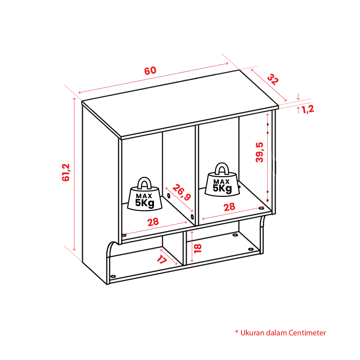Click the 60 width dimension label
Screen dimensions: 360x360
[151, 71]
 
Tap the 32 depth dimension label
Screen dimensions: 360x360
[273, 80]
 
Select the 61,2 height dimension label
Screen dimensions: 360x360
[66, 173]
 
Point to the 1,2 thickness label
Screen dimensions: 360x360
[308, 109]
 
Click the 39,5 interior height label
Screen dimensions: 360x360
[260, 153]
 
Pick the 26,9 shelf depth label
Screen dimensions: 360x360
[181, 192]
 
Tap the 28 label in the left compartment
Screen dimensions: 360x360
[153, 222]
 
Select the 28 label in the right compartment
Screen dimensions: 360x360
[229, 207]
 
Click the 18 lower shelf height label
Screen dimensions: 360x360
[198, 248]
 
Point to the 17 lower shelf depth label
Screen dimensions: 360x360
[162, 259]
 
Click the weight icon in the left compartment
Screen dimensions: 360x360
[145, 194]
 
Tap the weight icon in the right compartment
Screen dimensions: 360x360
[222, 180]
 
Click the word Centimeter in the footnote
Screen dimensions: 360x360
[307, 333]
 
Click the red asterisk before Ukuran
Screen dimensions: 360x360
[237, 332]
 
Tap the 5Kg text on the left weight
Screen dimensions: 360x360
[145, 203]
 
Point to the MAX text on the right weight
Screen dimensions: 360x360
[221, 181]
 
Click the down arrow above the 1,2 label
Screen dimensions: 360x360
[298, 97]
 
